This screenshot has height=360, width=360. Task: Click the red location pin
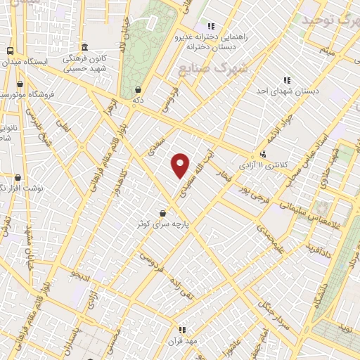[x=181, y=165]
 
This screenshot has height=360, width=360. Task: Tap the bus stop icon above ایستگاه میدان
[x=10, y=51]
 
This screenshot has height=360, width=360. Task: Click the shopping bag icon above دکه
[x=139, y=89]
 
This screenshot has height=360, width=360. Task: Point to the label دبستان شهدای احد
[x=287, y=91]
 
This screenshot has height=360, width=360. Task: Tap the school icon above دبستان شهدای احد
[x=287, y=80]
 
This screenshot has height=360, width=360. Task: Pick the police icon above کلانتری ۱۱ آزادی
[x=263, y=154]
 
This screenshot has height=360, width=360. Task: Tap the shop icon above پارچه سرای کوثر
[x=163, y=213]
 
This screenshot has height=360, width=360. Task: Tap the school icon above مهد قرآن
[x=182, y=329]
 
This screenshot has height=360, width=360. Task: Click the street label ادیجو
[x=79, y=276]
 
